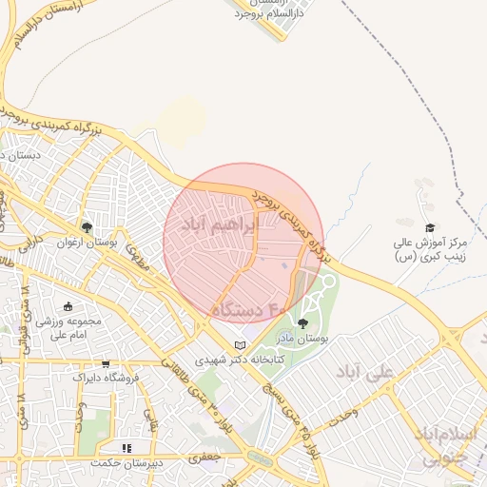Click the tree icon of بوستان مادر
tap(302, 323)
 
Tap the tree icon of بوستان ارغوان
tap(87, 227)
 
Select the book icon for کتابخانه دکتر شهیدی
tap(240, 344)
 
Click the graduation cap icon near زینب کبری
tap(430, 227)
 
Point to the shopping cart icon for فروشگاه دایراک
tap(106, 363)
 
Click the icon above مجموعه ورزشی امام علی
tap(68, 306)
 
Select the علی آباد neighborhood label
tap(365, 372)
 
